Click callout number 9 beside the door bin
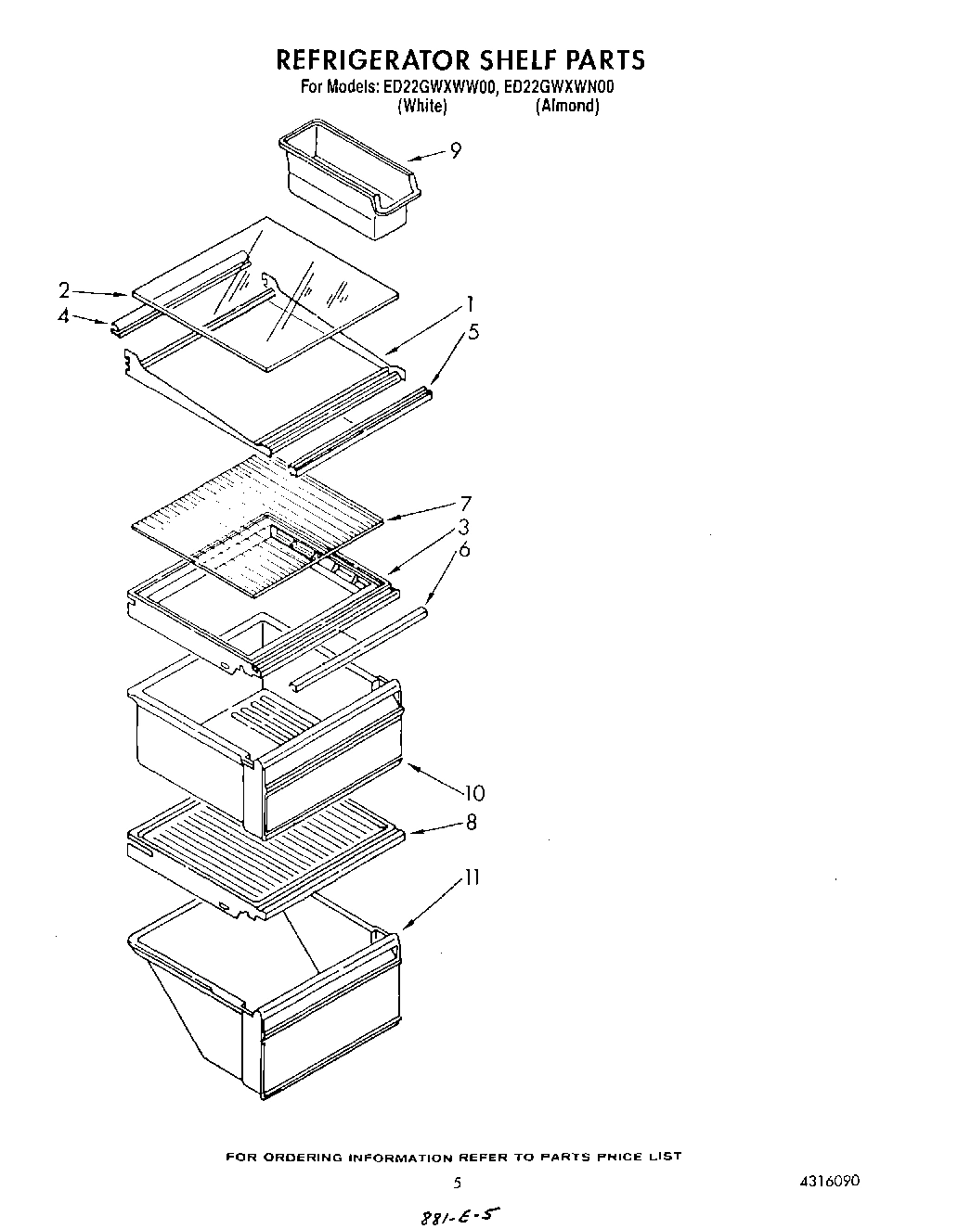[455, 150]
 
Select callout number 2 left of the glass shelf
[64, 289]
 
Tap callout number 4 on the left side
[63, 315]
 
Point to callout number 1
[471, 303]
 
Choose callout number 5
[473, 331]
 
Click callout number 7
[465, 505]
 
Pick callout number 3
[462, 528]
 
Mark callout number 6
[464, 550]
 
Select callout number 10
[473, 793]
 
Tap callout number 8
[471, 822]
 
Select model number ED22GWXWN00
[561, 88]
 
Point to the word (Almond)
[567, 106]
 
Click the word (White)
[422, 106]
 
